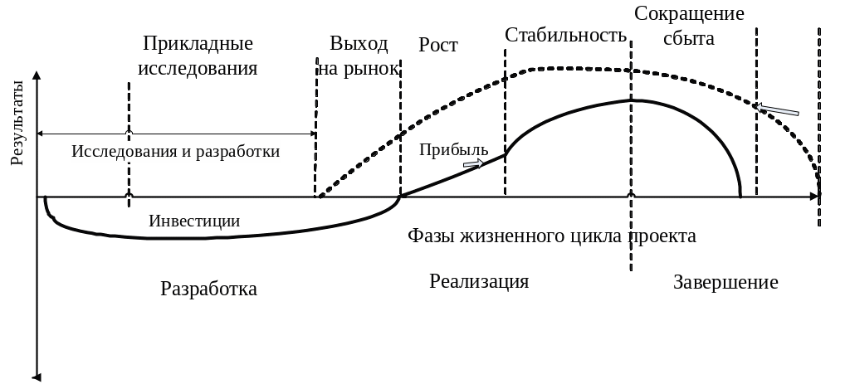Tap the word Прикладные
pyautogui.click(x=198, y=43)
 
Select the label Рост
pyautogui.click(x=438, y=45)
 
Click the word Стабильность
pyautogui.click(x=564, y=36)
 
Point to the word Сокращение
pyautogui.click(x=688, y=14)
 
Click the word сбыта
pyautogui.click(x=688, y=38)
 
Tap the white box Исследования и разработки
pyautogui.click(x=176, y=152)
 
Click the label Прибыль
pyautogui.click(x=453, y=149)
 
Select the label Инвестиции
pyautogui.click(x=194, y=221)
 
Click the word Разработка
pyautogui.click(x=208, y=289)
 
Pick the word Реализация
pyautogui.click(x=479, y=281)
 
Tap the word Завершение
pyautogui.click(x=725, y=282)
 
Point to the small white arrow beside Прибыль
pyautogui.click(x=472, y=164)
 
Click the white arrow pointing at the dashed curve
pyautogui.click(x=779, y=110)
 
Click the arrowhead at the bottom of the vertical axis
pyautogui.click(x=37, y=377)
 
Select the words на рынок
pyautogui.click(x=358, y=69)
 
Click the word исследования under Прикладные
pyautogui.click(x=198, y=68)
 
